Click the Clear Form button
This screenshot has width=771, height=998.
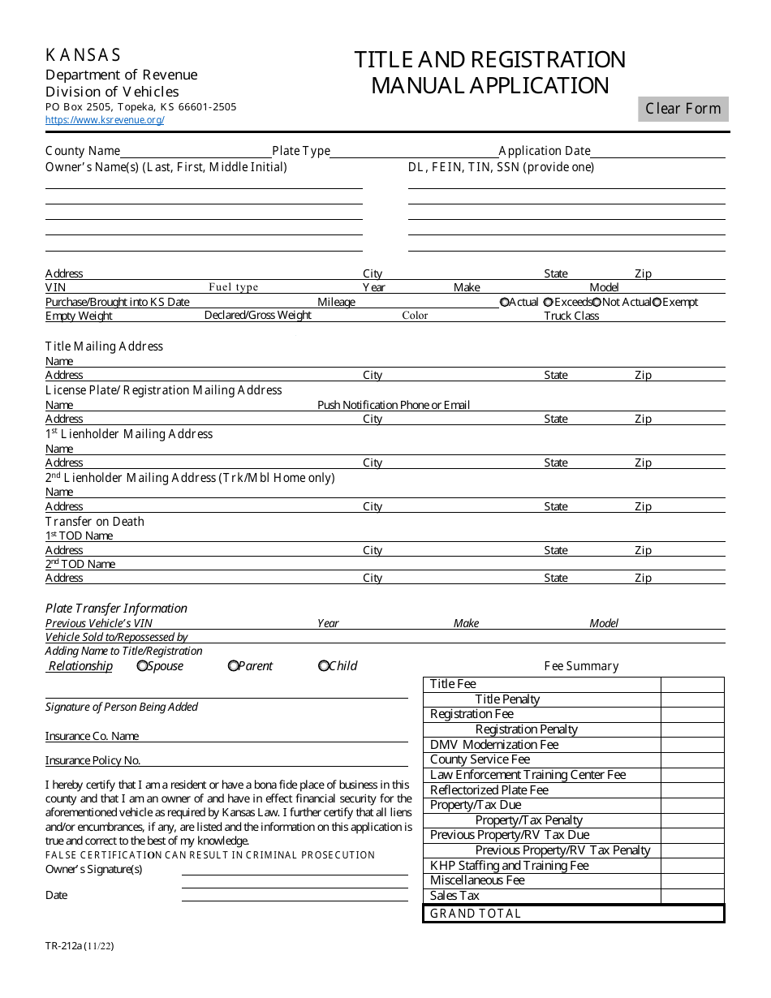coord(683,109)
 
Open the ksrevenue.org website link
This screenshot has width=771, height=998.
coord(105,120)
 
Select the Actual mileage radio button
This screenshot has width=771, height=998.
coord(505,302)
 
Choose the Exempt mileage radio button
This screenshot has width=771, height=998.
coord(657,302)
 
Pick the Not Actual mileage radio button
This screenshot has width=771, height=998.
coord(597,302)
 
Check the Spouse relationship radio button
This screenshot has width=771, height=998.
coord(143,666)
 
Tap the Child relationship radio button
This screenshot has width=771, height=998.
coord(324,666)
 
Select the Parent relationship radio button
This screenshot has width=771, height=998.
coord(234,666)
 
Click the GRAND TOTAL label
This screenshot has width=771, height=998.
coord(476,914)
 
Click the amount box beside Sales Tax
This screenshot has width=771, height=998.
coord(692,896)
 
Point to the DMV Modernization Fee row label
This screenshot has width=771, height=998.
coord(494,745)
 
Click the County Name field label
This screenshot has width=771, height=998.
coord(83,151)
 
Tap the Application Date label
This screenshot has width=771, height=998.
coord(545,151)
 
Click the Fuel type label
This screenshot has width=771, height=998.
coord(233,287)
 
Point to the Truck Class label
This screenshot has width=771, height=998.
coord(571,316)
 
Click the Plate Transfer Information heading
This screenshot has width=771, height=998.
coord(116,609)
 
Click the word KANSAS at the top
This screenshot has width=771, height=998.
coord(83,55)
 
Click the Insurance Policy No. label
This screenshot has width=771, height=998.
coord(93,761)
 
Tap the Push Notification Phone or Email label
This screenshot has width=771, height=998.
coord(394,405)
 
